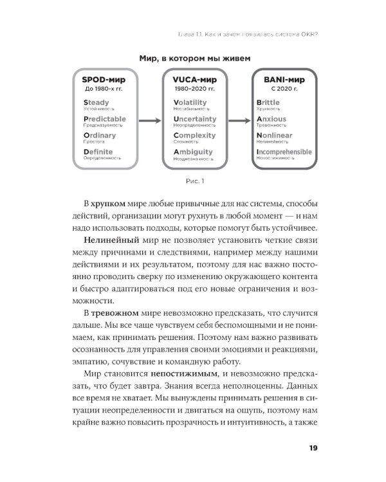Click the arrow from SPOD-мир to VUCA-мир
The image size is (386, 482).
[x=149, y=120]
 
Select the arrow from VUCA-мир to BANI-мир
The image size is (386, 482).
[x=239, y=120]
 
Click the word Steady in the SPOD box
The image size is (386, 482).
[x=96, y=102]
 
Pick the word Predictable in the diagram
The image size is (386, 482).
[x=104, y=119]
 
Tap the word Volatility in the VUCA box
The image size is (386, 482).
[x=190, y=102]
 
